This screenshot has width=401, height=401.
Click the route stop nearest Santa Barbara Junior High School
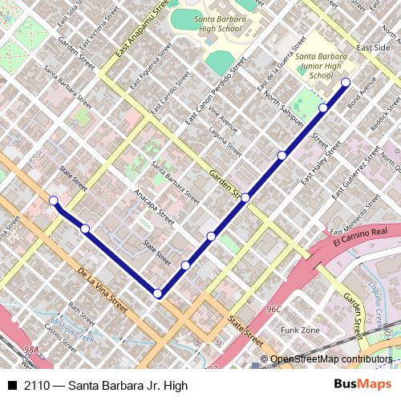pos(346,83)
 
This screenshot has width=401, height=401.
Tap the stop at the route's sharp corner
pos(158,294)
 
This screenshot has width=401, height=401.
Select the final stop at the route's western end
pos(53,200)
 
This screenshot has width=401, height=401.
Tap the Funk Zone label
pos(300,330)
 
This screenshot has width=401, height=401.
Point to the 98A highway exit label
pos(31,350)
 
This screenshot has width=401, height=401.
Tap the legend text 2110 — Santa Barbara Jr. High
pos(105,386)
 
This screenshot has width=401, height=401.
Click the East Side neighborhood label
pos(373,47)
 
